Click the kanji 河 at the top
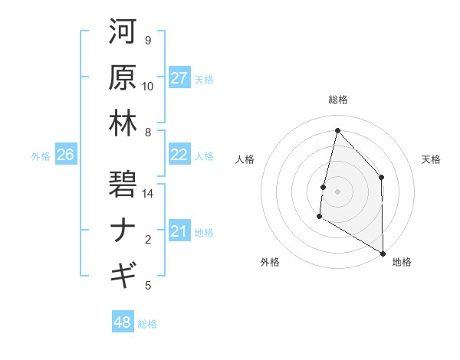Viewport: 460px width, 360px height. coord(123,32)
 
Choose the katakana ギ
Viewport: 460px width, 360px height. coord(123,274)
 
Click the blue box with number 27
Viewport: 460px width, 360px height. coord(179,78)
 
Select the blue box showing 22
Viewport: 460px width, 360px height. coord(179,155)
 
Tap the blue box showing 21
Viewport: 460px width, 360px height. coord(179,231)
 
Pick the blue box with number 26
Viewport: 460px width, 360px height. coord(65,155)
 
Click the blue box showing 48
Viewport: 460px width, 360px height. coord(122,322)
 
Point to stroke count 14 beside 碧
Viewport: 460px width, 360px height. coord(149,194)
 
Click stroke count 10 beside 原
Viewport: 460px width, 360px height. coord(148,87)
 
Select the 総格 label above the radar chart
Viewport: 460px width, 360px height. coord(337,100)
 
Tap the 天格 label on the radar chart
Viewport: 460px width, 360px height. coord(432,159)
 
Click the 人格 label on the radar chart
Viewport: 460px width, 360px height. coord(245,159)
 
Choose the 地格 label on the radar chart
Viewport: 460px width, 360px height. coord(402,262)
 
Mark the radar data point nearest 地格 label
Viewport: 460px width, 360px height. coord(383,253)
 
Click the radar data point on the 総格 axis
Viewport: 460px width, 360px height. coord(337,130)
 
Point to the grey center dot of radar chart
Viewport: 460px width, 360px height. coord(337,191)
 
